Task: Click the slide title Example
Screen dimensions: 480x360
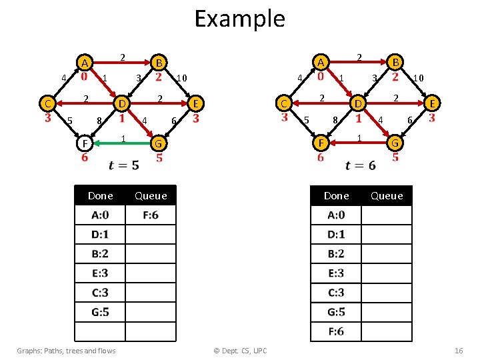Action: pyautogui.click(x=239, y=19)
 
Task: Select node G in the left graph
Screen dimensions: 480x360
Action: pyautogui.click(x=159, y=143)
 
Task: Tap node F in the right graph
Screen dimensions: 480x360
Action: pyautogui.click(x=321, y=143)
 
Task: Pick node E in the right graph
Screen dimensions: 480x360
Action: pyautogui.click(x=432, y=103)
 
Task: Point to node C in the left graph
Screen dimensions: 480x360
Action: pyautogui.click(x=47, y=103)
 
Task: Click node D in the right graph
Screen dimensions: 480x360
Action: pyautogui.click(x=358, y=103)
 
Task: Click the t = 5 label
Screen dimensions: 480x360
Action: pyautogui.click(x=124, y=165)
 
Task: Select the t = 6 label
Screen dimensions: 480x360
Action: pyautogui.click(x=361, y=165)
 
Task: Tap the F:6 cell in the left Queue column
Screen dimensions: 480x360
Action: pyautogui.click(x=151, y=215)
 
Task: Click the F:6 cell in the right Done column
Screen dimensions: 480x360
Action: pyautogui.click(x=336, y=331)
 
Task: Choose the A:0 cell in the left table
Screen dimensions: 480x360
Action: pyautogui.click(x=100, y=215)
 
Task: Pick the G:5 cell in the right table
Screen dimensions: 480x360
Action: pyautogui.click(x=336, y=312)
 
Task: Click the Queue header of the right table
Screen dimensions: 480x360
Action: pyautogui.click(x=387, y=195)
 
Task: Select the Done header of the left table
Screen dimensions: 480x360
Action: pyautogui.click(x=100, y=195)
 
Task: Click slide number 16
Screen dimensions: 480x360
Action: pyautogui.click(x=458, y=351)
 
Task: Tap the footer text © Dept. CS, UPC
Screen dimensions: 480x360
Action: pyautogui.click(x=239, y=351)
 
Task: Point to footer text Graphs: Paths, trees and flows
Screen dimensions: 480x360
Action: pyautogui.click(x=66, y=351)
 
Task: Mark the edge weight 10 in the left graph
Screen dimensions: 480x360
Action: pyautogui.click(x=182, y=79)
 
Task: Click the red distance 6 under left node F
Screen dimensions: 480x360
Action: pyautogui.click(x=85, y=158)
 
